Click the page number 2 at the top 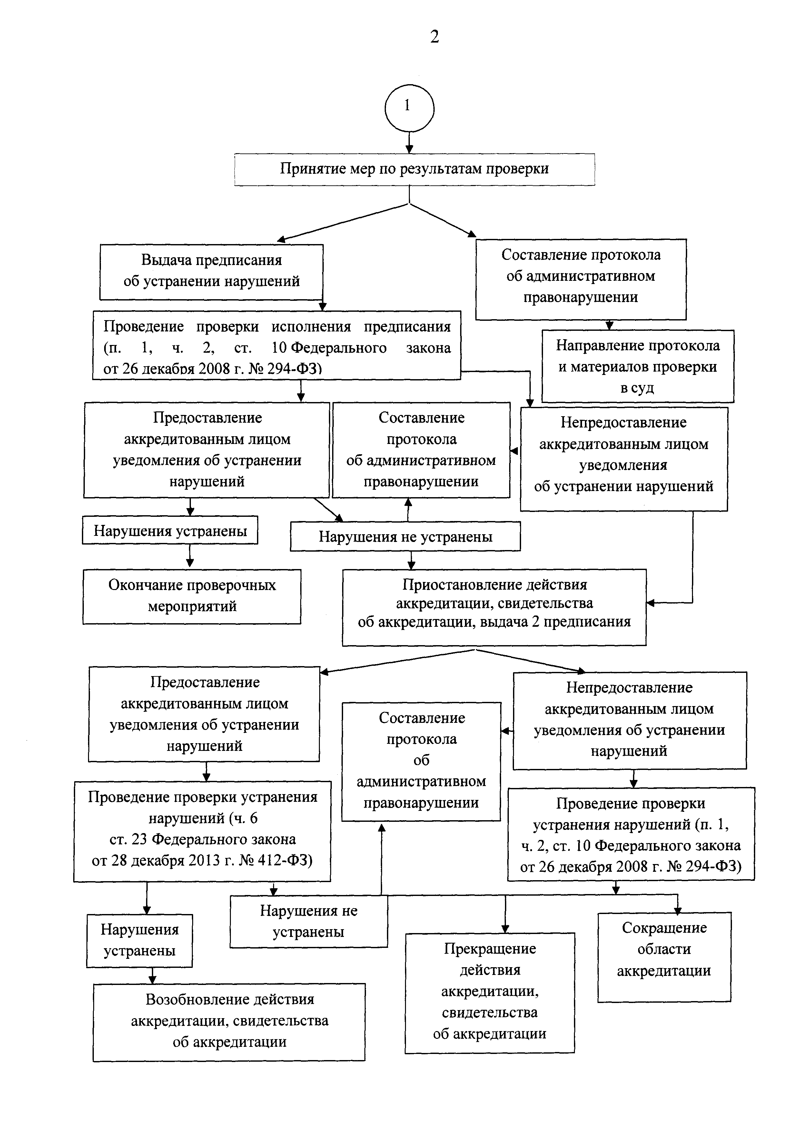434,36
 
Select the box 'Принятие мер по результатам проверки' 414,169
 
